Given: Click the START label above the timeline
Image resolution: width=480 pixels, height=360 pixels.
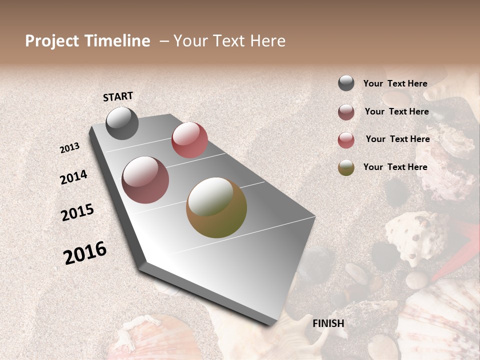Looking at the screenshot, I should (x=118, y=96).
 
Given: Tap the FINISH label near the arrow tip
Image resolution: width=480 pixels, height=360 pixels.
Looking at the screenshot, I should (x=328, y=323).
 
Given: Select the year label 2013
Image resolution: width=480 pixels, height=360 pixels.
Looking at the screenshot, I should (x=70, y=148).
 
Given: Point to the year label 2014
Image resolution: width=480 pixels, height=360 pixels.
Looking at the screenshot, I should (x=73, y=177).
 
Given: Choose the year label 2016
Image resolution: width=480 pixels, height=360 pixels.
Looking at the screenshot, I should (x=85, y=253).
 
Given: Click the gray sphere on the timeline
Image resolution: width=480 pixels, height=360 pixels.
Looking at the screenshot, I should (x=122, y=123).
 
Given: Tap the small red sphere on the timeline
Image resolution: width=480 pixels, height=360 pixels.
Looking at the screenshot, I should (x=189, y=140).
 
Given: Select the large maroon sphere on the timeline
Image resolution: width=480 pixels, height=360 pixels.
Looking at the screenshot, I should (x=145, y=180).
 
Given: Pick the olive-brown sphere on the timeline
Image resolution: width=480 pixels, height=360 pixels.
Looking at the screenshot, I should (x=216, y=207).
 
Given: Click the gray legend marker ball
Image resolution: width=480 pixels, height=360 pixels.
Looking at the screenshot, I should (x=346, y=83).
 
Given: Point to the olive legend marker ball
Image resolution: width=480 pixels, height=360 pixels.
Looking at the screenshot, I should (x=346, y=167).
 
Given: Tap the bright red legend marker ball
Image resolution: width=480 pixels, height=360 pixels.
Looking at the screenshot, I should (x=346, y=140).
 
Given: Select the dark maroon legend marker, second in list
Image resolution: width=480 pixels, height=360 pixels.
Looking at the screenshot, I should (x=346, y=112).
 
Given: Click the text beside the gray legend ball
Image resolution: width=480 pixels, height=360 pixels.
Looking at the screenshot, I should (x=395, y=83).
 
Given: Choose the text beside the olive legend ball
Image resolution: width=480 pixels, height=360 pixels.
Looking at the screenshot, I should (x=395, y=167).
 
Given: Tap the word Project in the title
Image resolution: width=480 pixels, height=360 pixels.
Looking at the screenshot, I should (x=52, y=41).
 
